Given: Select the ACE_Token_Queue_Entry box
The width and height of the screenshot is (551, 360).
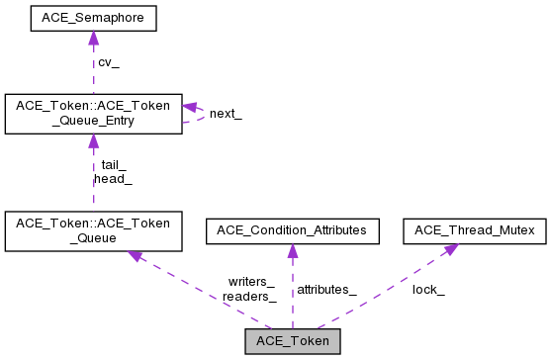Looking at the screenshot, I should [93, 114].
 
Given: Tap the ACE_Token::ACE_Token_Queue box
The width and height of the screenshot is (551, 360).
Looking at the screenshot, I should [93, 229].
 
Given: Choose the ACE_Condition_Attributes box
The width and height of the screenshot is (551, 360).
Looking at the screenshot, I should [293, 230].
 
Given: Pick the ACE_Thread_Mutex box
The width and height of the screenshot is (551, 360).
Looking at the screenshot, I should [475, 230].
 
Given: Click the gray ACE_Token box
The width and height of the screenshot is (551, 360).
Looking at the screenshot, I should [293, 341].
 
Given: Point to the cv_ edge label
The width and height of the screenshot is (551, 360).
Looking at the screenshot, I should [108, 62].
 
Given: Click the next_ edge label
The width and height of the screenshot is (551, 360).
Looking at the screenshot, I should [226, 114].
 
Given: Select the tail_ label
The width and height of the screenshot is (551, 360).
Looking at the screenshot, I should [114, 165].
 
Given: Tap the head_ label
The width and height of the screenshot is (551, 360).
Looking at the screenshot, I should [113, 179].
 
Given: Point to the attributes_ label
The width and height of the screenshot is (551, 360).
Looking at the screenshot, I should [326, 289].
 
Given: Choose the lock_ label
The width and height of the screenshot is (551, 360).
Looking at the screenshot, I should [428, 289].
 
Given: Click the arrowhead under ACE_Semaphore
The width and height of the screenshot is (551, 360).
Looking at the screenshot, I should [92, 38].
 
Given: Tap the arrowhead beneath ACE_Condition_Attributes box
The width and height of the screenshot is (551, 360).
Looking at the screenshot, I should [293, 250].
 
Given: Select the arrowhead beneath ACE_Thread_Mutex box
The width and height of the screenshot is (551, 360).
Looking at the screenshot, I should [449, 249].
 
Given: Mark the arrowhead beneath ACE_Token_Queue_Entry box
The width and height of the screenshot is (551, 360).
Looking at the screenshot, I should [92, 141].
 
